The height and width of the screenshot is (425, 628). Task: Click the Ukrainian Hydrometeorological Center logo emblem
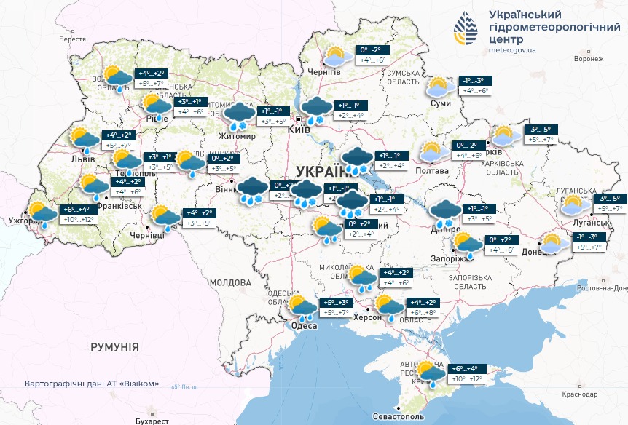click(x=466, y=28)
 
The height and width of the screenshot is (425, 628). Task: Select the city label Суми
click(x=441, y=104)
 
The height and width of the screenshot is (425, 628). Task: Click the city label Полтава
click(x=432, y=170)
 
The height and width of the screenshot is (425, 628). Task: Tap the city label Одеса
click(x=304, y=325)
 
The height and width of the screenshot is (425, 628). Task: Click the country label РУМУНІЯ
click(x=114, y=348)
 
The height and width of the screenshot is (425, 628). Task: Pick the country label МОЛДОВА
click(x=230, y=282)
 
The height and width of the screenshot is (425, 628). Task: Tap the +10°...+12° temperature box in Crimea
click(x=466, y=379)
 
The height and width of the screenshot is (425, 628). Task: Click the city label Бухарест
click(x=152, y=421)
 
